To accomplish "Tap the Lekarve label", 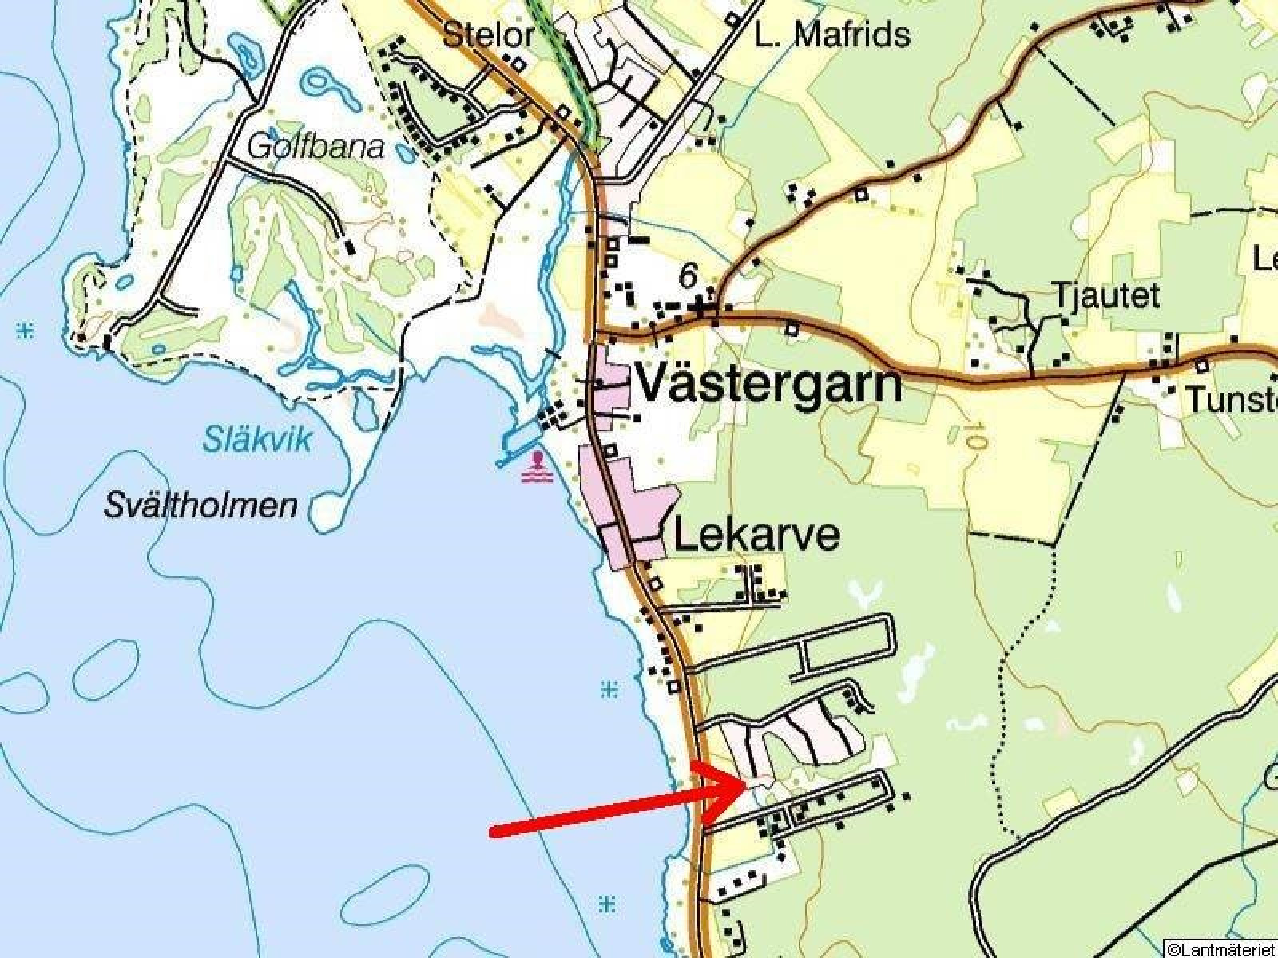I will pyautogui.click(x=756, y=535).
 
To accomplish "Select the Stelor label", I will pyautogui.click(x=488, y=35).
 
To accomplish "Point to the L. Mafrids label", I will pyautogui.click(x=831, y=35).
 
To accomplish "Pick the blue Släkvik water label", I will pyautogui.click(x=256, y=440).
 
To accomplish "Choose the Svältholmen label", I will pyautogui.click(x=201, y=506).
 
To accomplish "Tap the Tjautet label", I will pyautogui.click(x=1106, y=296).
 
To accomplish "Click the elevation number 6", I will pyautogui.click(x=687, y=277).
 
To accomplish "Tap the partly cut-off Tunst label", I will pyautogui.click(x=1230, y=399).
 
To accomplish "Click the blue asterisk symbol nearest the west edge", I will pyautogui.click(x=26, y=330).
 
